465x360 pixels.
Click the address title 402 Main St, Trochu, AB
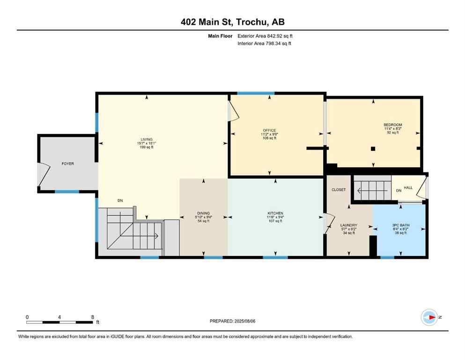[232, 22]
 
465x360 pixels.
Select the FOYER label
[68, 164]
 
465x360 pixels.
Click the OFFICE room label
[269, 130]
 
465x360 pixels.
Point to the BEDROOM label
[392, 125]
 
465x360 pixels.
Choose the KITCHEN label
[275, 213]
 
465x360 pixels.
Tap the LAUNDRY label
[348, 225]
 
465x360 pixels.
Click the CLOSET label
[339, 190]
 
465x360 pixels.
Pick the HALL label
[408, 187]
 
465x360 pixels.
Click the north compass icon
[429, 317]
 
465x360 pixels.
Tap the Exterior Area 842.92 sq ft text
[265, 36]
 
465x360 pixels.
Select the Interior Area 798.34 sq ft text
[266, 44]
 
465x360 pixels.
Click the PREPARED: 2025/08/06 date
[232, 321]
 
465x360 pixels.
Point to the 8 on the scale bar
[92, 317]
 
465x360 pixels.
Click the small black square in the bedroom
[373, 149]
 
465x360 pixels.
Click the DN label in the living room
[120, 201]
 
